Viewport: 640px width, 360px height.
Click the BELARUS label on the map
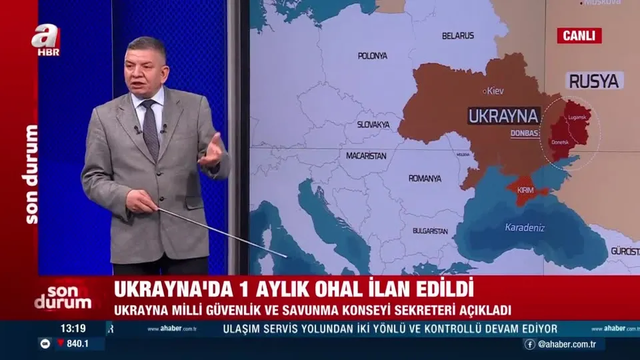pos(458,35)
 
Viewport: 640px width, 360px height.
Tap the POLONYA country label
pos(372,56)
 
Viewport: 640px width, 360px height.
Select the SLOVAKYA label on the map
pos(373,125)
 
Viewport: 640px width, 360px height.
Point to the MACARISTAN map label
pos(366,155)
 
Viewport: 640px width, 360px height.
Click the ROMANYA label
pos(425,179)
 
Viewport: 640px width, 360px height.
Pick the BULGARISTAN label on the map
pos(430,231)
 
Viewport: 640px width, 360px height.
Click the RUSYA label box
pos(595,81)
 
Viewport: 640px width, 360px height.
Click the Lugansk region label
pos(576,117)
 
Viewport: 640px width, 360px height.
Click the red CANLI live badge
pos(579,35)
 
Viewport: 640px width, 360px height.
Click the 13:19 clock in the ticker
pos(73,328)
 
